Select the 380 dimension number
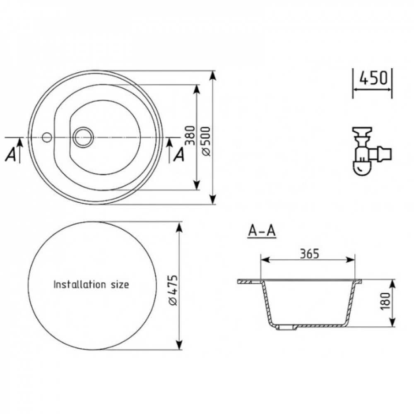pos(190,135)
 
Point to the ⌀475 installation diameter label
pos(173,290)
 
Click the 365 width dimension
pos(309,254)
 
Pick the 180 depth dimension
pos(385,301)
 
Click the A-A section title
pos(262,231)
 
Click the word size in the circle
pos(120,285)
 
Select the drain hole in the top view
pos(83,137)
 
